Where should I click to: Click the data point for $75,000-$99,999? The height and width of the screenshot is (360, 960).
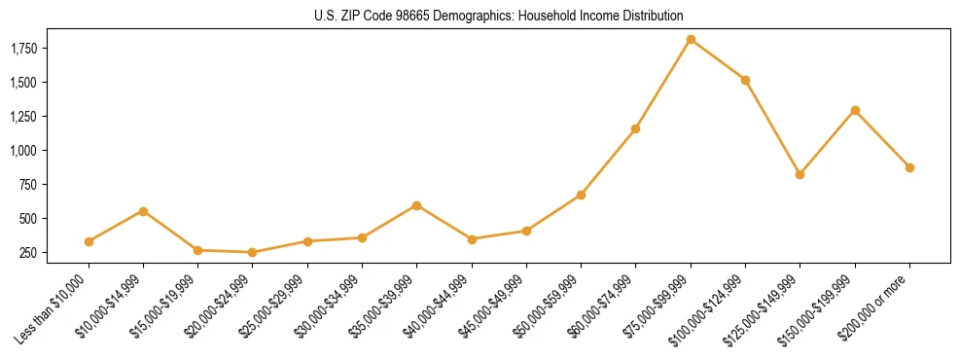tap(691, 40)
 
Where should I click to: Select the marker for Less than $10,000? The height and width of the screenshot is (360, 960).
tap(89, 241)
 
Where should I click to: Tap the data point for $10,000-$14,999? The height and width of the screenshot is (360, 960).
tap(143, 211)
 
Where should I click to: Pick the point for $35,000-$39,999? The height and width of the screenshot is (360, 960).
tap(416, 205)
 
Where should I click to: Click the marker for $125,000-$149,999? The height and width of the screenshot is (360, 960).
tap(800, 174)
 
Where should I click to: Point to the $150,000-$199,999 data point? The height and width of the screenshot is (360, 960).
tap(855, 110)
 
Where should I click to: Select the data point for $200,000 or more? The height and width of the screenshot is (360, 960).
tap(909, 167)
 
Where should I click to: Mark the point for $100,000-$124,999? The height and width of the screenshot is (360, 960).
tap(745, 80)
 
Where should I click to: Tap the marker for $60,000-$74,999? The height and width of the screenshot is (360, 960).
tap(635, 128)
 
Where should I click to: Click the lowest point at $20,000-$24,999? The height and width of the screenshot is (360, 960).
tap(253, 252)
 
